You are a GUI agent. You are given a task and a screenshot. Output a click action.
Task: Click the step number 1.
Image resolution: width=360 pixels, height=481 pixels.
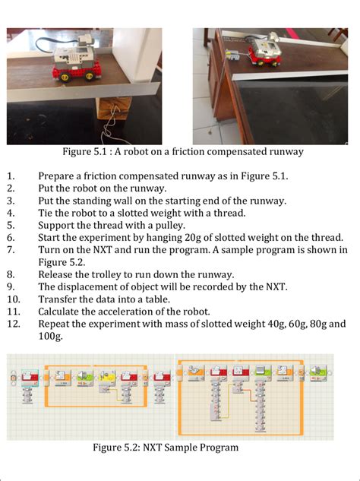click(x=11, y=176)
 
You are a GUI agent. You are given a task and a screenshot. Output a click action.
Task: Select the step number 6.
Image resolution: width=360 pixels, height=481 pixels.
click(x=11, y=237)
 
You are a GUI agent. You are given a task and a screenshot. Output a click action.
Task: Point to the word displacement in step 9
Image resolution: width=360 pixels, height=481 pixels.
click(x=91, y=286)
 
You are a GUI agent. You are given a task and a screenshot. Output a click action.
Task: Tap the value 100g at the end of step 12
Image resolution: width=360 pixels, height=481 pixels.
click(x=51, y=335)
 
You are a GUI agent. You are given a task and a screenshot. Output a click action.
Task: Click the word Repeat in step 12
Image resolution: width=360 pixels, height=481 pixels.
click(x=55, y=323)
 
